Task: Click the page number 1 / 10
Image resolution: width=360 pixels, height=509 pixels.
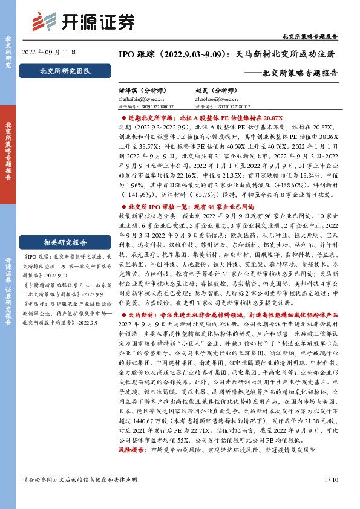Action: pos(332,497)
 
